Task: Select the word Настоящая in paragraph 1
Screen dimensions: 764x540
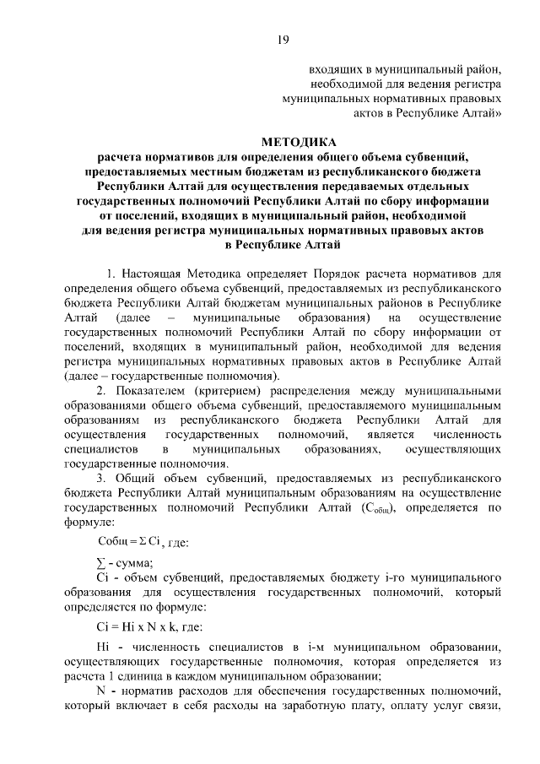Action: coord(154,274)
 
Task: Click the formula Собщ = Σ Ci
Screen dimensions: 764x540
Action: coord(126,540)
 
